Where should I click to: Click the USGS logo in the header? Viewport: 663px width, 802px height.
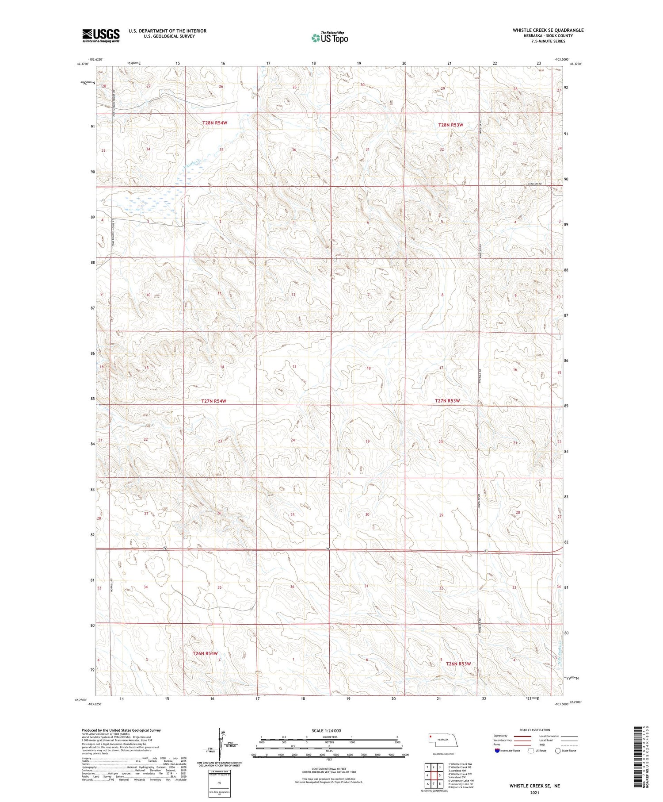[101, 35]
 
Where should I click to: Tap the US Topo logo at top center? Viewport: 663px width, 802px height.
[330, 38]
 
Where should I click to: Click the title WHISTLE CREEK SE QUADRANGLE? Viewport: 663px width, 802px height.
[548, 30]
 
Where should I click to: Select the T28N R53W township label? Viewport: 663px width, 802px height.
[450, 125]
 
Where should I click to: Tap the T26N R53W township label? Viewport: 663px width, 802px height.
[458, 664]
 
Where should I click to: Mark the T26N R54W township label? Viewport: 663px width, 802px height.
[205, 653]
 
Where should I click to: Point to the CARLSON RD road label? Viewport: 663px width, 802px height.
[533, 184]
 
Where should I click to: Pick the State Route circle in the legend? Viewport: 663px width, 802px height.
[558, 751]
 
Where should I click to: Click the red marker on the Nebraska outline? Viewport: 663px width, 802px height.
[429, 737]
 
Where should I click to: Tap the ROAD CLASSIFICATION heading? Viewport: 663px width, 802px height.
[535, 730]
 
